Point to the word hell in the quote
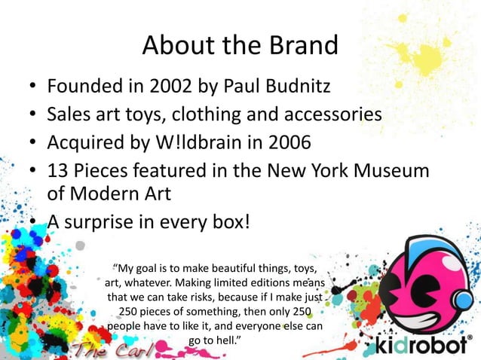(x=223, y=341)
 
